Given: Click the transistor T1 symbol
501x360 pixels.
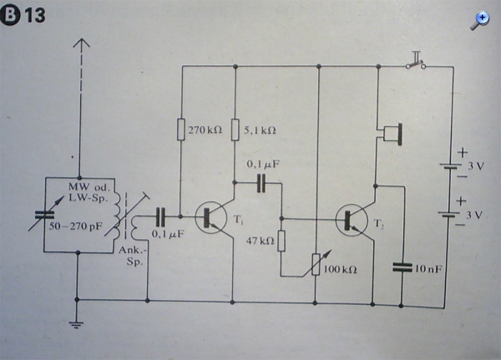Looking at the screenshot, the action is (x=210, y=218).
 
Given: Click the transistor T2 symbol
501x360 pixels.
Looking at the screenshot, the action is (x=352, y=221).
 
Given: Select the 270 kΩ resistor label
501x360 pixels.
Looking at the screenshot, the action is (x=205, y=129).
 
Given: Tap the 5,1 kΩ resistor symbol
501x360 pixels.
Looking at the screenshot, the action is (x=235, y=129).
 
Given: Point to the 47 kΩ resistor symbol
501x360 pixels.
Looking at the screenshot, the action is (x=281, y=241).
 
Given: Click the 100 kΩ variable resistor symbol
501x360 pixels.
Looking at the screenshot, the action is (x=316, y=264).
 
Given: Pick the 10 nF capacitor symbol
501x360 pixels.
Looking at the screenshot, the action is (x=402, y=267).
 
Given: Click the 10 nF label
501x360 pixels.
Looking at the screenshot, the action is (x=428, y=269).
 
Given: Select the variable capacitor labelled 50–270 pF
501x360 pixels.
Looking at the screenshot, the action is (x=45, y=215).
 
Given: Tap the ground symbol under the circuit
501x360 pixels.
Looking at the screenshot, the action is (x=76, y=325).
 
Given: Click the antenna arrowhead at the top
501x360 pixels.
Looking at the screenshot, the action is (x=82, y=43).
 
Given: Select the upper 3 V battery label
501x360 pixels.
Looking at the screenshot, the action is (x=476, y=166).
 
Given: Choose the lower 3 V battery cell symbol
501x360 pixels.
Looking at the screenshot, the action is (x=449, y=215).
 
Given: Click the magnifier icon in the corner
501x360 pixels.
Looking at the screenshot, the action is (x=479, y=21).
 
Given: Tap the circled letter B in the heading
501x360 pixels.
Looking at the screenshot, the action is (x=9, y=16).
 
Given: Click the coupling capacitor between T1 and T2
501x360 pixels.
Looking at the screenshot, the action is (x=261, y=183).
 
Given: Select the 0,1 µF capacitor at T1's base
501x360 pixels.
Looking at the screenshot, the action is (x=160, y=216).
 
